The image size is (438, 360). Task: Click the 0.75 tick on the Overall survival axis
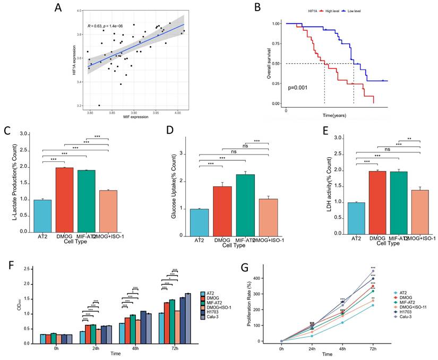pos(275,44)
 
